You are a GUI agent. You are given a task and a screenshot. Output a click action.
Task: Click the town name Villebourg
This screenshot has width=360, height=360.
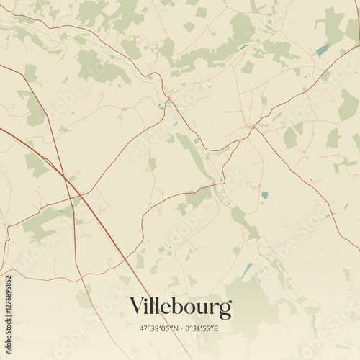coord(181,307)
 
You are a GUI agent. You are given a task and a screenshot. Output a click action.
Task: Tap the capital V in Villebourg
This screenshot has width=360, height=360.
coord(137,307)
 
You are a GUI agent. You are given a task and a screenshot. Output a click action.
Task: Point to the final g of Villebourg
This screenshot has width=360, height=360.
coord(226,310)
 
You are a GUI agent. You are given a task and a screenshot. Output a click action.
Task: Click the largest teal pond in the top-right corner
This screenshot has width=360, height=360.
coord(323,49)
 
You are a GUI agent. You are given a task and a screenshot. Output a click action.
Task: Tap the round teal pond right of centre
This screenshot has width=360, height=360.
coord(264,194)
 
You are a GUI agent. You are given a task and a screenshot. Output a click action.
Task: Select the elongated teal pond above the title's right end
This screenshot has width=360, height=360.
coord(247,270)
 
